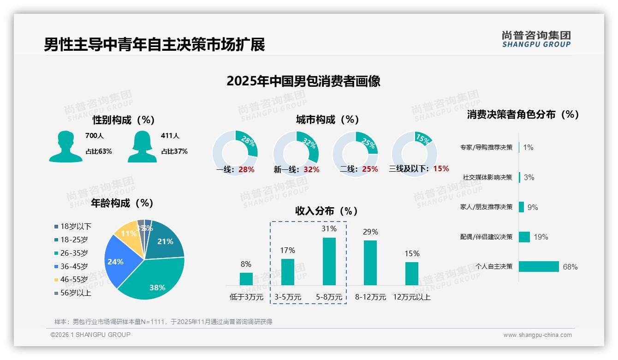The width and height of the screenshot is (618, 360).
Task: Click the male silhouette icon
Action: (x=65, y=146)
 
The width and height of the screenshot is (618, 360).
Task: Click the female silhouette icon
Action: (x=142, y=146)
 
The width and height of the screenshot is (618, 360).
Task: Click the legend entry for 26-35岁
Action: (x=74, y=253)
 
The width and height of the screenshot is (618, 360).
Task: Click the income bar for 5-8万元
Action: (x=329, y=261)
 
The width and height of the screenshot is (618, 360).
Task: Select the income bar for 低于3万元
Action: (x=246, y=279)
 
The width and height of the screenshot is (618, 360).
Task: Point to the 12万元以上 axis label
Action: (x=411, y=297)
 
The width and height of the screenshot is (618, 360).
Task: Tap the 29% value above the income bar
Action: (x=370, y=232)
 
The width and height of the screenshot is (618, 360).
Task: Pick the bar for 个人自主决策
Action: (x=539, y=266)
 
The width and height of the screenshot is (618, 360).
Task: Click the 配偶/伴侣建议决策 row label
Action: (x=486, y=237)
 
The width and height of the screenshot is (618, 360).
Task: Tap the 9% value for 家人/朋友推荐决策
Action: (x=533, y=207)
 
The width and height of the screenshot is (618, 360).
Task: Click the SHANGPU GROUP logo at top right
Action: (x=536, y=39)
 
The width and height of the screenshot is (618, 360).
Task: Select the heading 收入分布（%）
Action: (x=327, y=211)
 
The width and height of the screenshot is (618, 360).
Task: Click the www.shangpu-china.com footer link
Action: (x=537, y=335)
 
